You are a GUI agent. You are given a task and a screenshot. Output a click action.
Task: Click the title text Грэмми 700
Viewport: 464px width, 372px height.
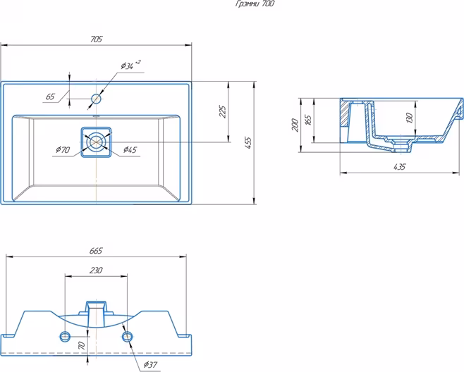pyautogui.click(x=255, y=4)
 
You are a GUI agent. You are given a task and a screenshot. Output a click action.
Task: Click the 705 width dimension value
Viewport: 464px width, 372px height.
pyautogui.click(x=97, y=39)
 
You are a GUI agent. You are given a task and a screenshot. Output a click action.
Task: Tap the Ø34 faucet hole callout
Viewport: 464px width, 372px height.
pyautogui.click(x=130, y=65)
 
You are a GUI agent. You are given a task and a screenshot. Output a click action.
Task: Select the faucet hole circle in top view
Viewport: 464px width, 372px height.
pyautogui.click(x=97, y=99)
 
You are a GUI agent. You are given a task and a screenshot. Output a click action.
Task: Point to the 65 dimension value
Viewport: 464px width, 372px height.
pyautogui.click(x=50, y=97)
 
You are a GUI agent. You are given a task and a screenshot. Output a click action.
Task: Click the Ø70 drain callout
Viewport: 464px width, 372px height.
pyautogui.click(x=63, y=149)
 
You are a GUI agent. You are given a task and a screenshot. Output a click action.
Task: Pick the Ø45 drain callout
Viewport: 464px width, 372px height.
pyautogui.click(x=130, y=149)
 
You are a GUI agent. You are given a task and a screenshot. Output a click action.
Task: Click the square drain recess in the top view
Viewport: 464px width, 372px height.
pyautogui.click(x=96, y=142)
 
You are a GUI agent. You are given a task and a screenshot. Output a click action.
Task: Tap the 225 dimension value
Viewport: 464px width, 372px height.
pyautogui.click(x=223, y=111)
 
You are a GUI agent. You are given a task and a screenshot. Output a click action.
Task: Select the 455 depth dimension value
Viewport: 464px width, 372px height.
pyautogui.click(x=248, y=143)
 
